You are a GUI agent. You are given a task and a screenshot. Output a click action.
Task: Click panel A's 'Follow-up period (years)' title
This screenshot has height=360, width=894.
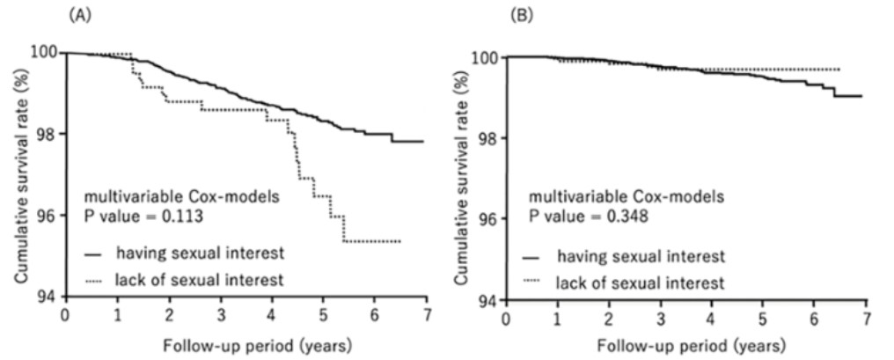click(x=244, y=342)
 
